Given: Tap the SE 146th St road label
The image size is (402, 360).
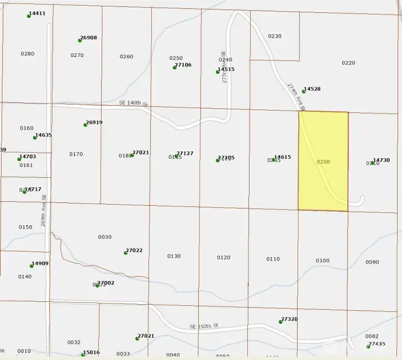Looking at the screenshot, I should tap(133, 103).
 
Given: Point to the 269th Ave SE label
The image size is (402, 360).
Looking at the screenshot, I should tap(44, 210).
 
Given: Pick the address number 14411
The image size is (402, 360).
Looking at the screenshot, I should tap(37, 13).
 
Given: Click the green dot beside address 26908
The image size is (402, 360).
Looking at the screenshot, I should tap(80, 40).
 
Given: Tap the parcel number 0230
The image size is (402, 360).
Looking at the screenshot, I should tap(275, 36).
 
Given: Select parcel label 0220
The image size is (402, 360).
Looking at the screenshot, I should tap(348, 63).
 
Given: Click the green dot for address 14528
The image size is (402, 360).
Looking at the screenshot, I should tap(304, 91).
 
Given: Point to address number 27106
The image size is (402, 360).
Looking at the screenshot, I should tap(183, 65).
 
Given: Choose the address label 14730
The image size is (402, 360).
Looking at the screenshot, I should tap(381, 160).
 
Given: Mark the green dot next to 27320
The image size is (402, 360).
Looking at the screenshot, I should tap(280, 321).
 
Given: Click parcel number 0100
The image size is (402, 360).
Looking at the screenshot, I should tap(323, 260).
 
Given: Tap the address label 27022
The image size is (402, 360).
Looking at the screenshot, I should tap(134, 250).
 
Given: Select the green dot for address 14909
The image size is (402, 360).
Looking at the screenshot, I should tap(32, 266).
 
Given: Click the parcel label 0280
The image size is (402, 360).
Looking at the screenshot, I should tap(27, 54).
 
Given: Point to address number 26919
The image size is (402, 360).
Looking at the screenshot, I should tap(94, 122).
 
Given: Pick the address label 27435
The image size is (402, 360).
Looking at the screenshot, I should tap(377, 344).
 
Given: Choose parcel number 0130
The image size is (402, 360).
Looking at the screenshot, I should tap(174, 256).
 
